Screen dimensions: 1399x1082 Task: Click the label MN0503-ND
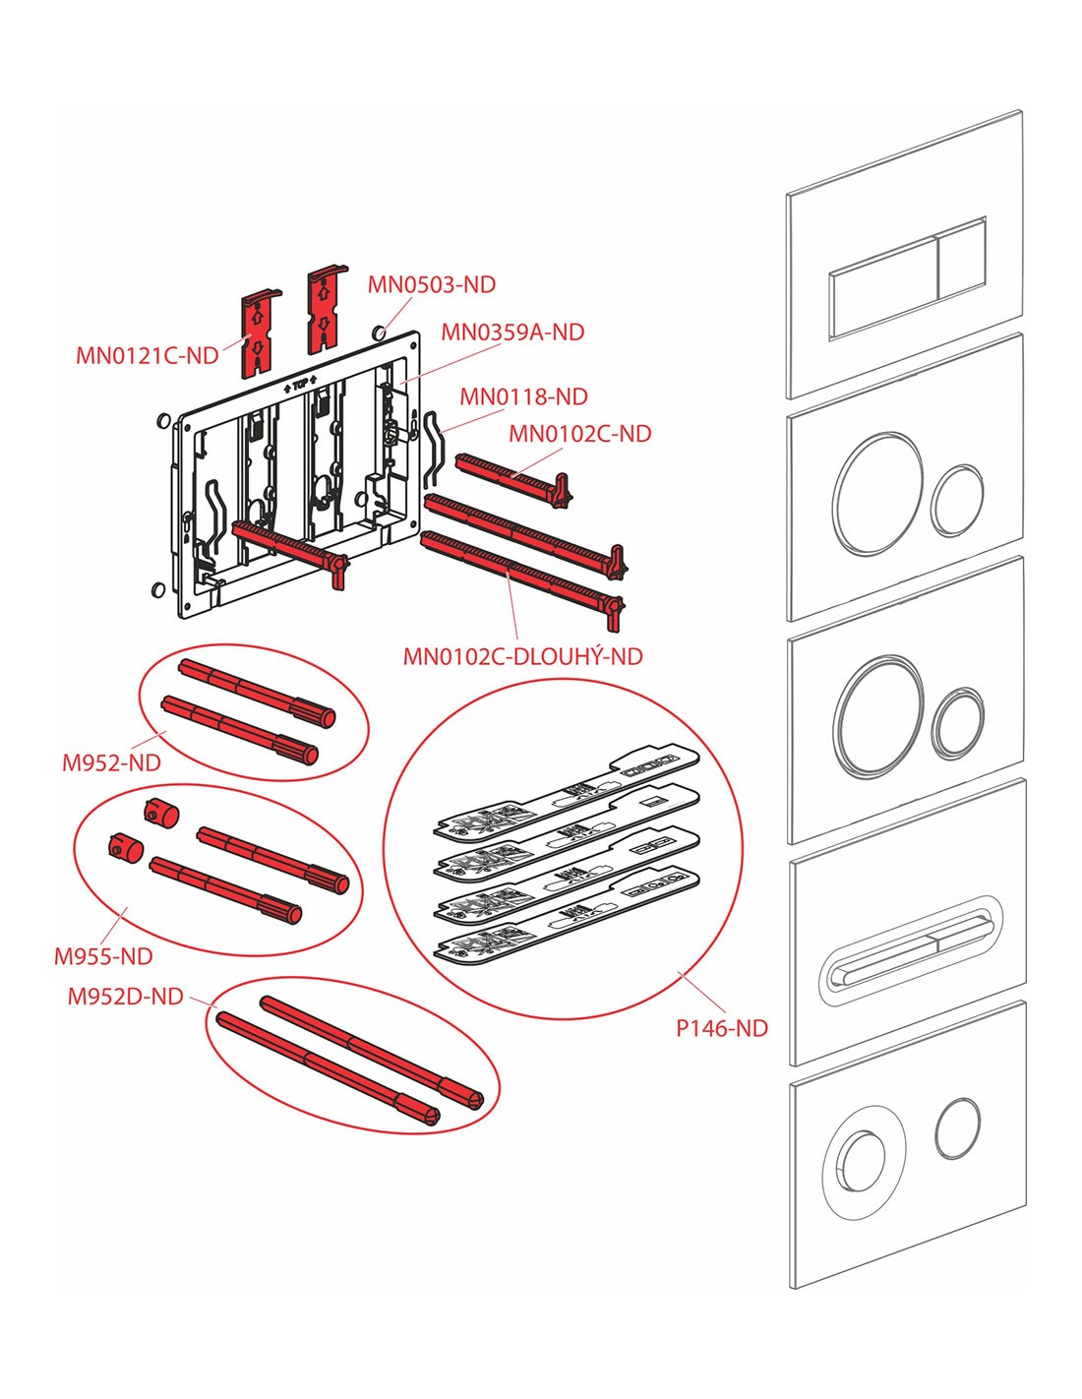(x=432, y=285)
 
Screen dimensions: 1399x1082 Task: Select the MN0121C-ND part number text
(x=148, y=356)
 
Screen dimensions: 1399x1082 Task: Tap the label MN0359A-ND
(x=512, y=333)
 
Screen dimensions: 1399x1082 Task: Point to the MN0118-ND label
(x=524, y=397)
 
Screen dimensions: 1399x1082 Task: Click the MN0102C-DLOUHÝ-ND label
(x=523, y=656)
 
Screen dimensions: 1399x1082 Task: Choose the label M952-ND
(x=111, y=762)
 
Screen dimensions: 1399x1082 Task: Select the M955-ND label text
(x=103, y=956)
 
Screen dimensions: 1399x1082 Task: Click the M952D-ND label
(x=126, y=997)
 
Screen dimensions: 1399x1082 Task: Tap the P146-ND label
(x=722, y=1029)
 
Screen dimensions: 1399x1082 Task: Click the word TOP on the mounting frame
(x=299, y=386)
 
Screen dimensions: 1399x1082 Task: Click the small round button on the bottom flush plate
(x=957, y=1126)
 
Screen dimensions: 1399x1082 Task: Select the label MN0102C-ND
(x=579, y=434)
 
